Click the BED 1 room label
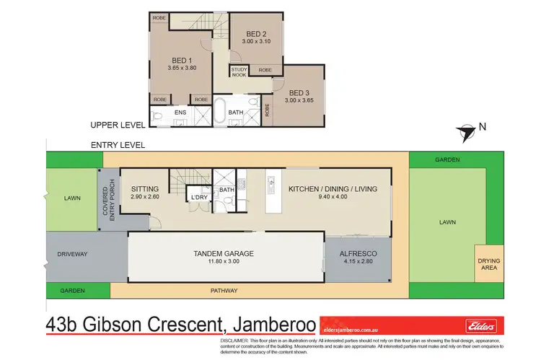pyautogui.click(x=180, y=61)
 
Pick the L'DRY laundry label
pyautogui.click(x=198, y=196)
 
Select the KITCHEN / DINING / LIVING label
pyautogui.click(x=333, y=189)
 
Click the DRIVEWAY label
pyautogui.click(x=72, y=254)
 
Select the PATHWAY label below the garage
pyautogui.click(x=224, y=291)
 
